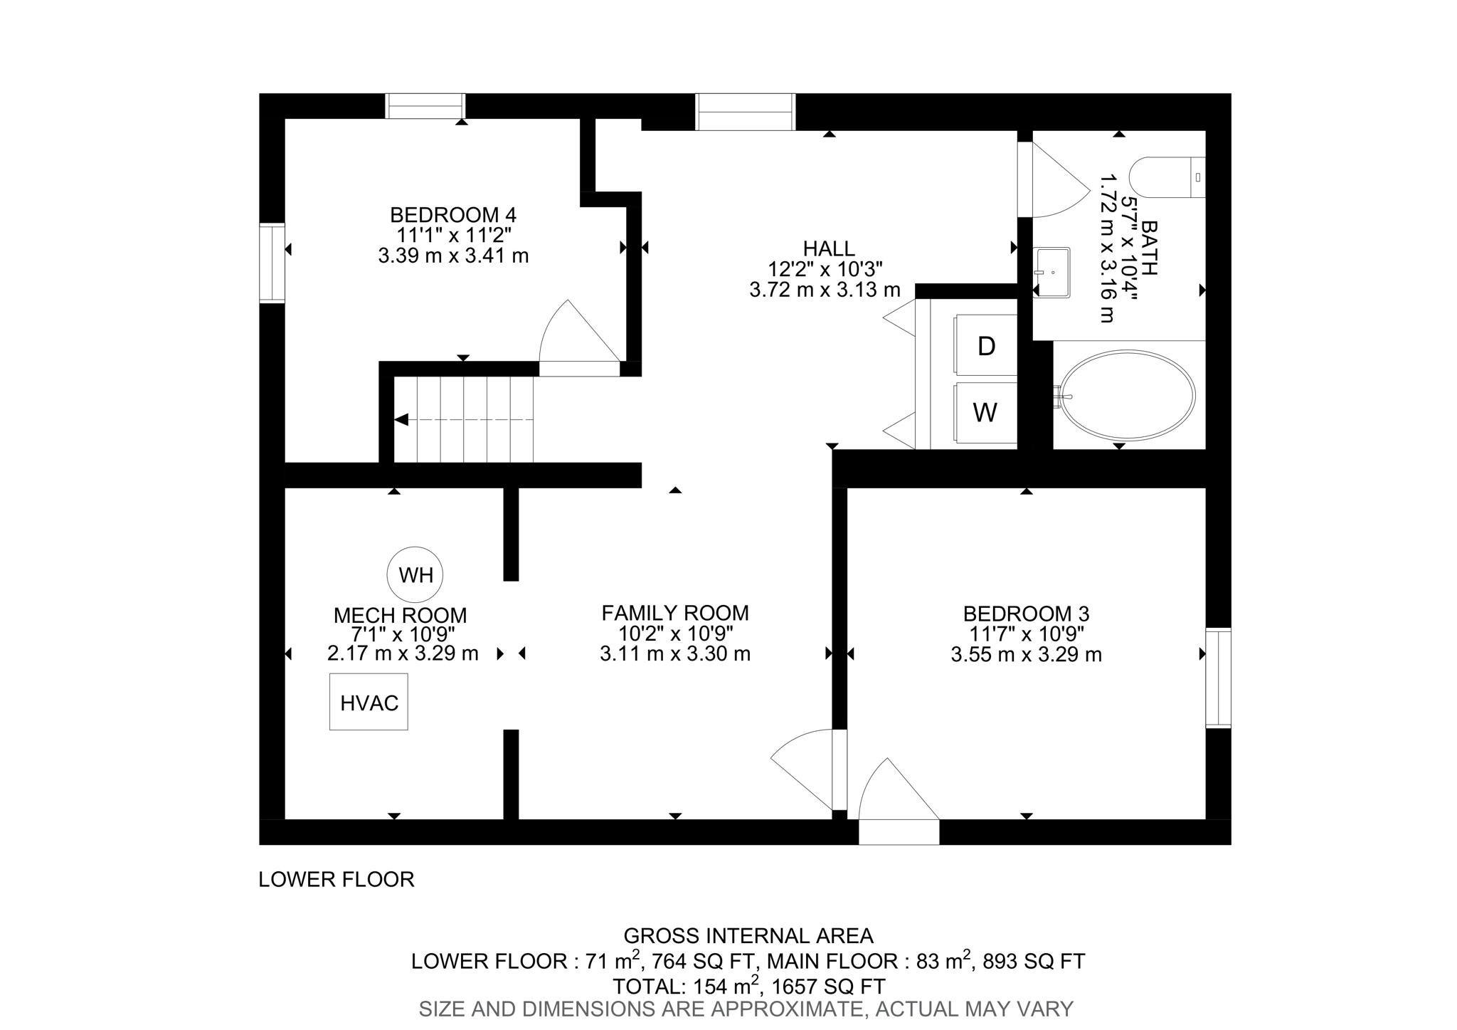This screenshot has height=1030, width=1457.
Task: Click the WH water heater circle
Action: [x=415, y=574]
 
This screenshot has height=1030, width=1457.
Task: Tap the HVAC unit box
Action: [x=369, y=702]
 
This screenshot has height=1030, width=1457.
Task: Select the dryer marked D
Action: [x=986, y=346]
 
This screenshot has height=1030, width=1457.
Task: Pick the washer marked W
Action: [x=985, y=412]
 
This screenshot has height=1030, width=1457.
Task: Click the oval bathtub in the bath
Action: [x=1128, y=394]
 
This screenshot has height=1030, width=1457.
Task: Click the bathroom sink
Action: [x=1051, y=272]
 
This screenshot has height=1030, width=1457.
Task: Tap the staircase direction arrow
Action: [x=401, y=419]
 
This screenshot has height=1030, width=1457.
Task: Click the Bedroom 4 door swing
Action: [x=576, y=335]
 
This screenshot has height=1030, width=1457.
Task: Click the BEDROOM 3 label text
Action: [x=1026, y=614]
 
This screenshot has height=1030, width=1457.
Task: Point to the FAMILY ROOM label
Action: [x=675, y=613]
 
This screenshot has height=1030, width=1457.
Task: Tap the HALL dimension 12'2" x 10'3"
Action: [x=825, y=269]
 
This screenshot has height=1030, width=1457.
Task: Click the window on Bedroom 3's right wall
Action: [x=1218, y=678]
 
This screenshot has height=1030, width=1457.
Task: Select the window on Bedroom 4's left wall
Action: [x=272, y=263]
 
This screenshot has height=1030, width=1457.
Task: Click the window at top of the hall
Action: [x=745, y=112]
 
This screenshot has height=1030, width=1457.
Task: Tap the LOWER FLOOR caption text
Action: [x=336, y=880]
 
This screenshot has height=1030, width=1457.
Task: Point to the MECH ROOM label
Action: [x=400, y=615]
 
